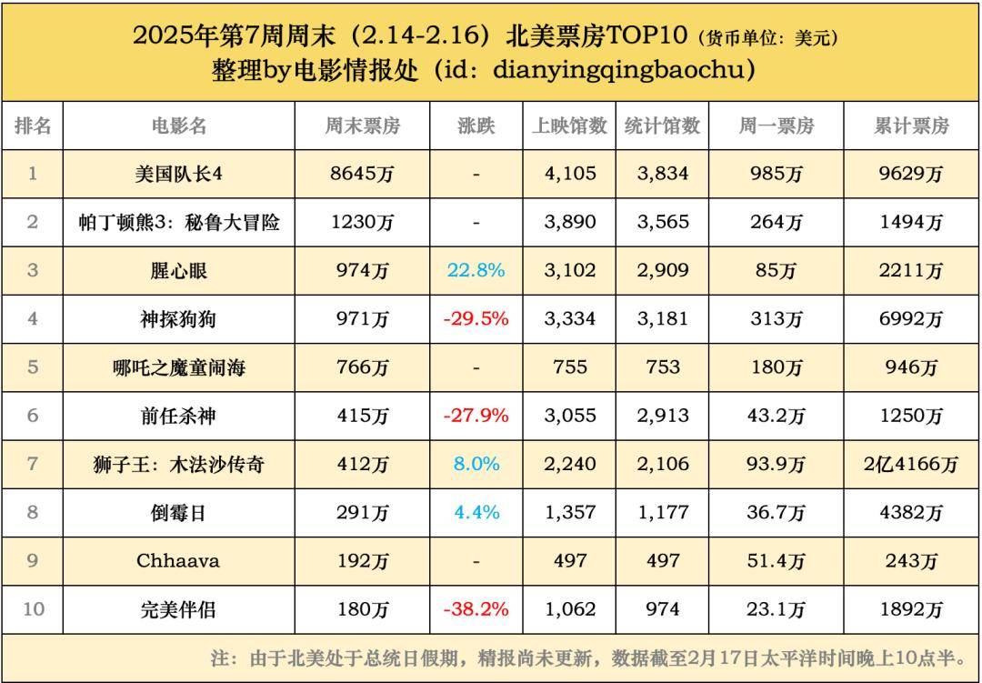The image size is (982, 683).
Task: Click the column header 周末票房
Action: coord(362,126)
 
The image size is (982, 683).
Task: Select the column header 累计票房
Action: coord(911,126)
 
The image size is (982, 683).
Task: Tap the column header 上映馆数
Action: coord(569,126)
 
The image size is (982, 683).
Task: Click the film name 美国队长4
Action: coord(179,174)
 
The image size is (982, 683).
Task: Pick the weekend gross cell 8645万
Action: coord(362,174)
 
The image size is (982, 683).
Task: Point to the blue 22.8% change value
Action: coord(476,271)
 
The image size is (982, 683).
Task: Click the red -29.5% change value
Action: coord(476,319)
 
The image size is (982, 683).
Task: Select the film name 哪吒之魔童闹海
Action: coord(179,367)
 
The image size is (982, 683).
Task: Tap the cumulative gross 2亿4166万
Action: coord(911,464)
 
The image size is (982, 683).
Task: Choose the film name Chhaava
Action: coord(178,560)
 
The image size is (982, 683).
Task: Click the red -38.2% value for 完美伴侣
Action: coord(476,609)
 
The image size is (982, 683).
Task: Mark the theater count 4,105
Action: coord(570,174)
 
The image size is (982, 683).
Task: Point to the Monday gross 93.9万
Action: coord(776,464)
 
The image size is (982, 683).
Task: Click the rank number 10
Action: coord(33,609)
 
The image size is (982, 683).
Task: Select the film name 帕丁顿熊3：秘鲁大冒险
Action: coord(179,222)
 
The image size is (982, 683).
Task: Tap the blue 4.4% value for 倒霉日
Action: coord(476,512)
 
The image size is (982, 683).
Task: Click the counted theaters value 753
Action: coord(663,367)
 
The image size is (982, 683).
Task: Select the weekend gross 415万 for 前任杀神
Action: coord(362,416)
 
